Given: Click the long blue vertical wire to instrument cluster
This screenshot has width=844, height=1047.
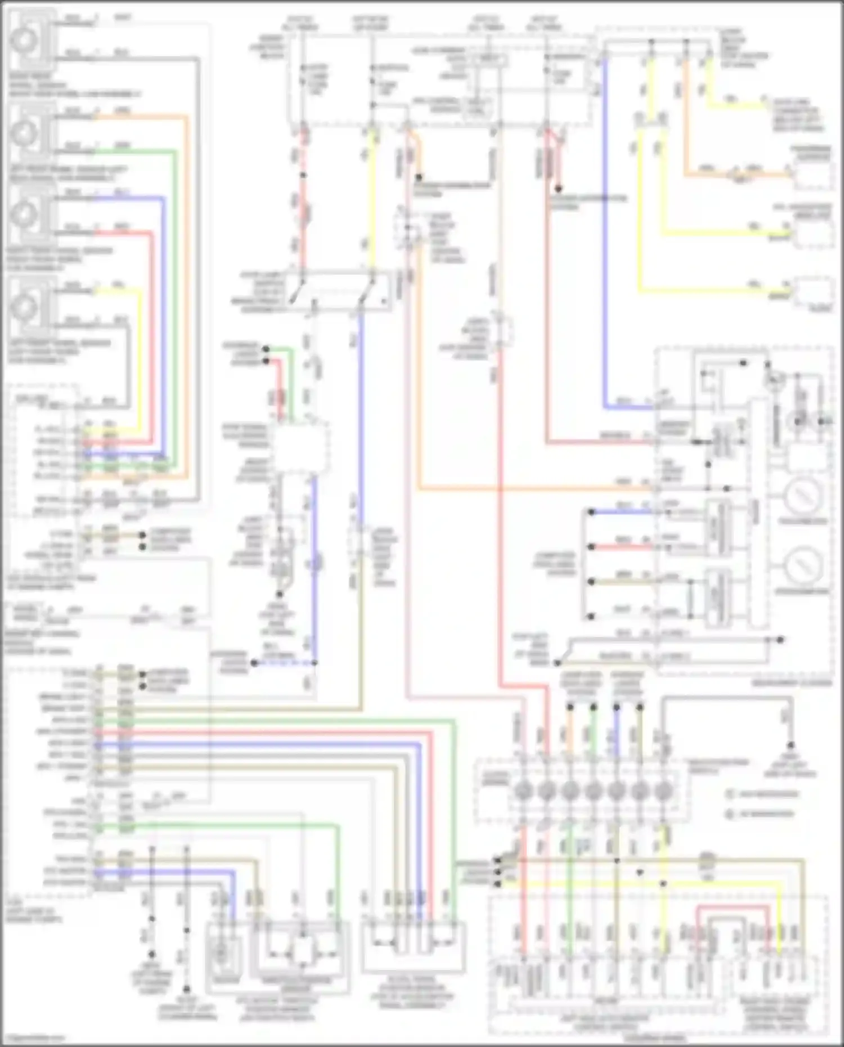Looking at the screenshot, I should pos(605,225).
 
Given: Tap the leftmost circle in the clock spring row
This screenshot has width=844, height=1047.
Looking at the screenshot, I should pos(523,790).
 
